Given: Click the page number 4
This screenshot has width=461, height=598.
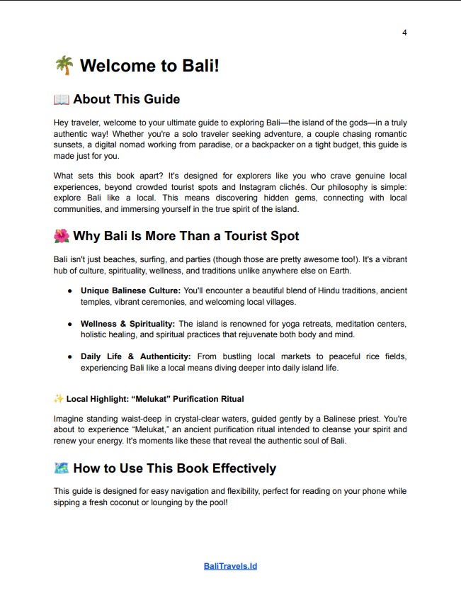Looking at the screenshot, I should click(404, 33).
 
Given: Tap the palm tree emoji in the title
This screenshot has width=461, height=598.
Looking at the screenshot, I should click(64, 66).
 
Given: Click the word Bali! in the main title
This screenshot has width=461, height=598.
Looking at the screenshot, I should click(199, 66).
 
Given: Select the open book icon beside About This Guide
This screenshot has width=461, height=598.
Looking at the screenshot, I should click(62, 99).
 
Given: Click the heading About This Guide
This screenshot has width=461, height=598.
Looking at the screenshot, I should click(126, 99).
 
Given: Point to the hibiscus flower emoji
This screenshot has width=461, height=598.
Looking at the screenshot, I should click(62, 236).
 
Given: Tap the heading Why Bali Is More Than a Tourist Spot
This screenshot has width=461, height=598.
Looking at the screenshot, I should click(186, 236).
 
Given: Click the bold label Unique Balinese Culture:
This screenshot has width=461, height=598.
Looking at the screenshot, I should click(131, 290).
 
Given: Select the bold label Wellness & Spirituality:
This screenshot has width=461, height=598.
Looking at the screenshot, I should click(128, 324).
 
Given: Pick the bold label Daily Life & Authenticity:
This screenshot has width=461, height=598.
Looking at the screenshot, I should click(135, 356).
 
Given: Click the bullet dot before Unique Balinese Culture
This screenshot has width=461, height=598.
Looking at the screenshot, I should click(69, 290).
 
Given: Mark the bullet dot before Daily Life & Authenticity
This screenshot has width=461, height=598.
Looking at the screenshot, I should click(69, 356).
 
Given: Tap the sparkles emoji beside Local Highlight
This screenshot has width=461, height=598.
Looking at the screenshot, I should click(59, 399).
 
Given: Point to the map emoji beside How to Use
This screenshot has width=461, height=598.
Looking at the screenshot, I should click(62, 468).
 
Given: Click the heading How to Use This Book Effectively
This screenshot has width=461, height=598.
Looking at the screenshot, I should click(174, 468).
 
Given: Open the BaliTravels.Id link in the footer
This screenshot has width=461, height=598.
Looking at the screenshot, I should click(230, 566).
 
